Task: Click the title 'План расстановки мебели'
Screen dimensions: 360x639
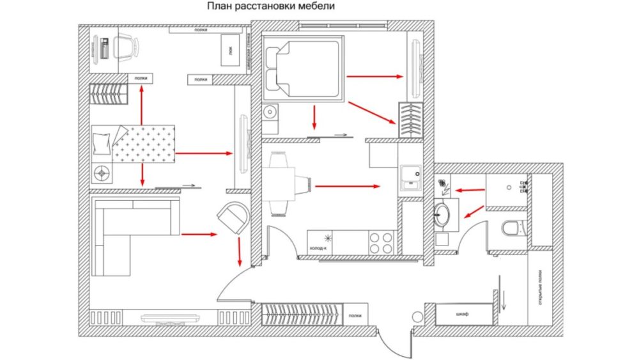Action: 270,7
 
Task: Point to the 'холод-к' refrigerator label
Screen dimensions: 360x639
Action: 318,248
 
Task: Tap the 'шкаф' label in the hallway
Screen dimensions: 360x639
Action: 463,315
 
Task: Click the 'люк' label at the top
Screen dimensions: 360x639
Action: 229,50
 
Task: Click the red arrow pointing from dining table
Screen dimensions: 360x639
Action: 348,187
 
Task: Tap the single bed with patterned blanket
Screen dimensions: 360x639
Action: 134,144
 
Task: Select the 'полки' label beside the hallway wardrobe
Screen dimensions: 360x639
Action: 354,315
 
